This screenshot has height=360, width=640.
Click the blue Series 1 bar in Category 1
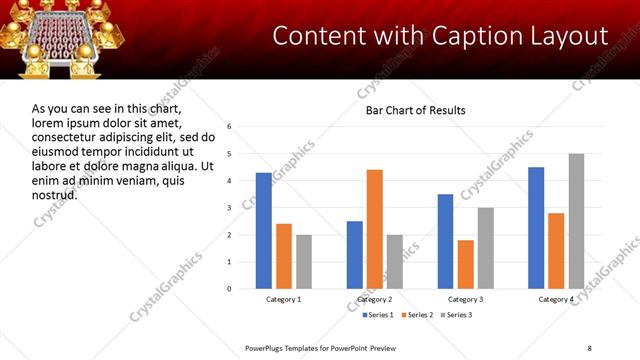coord(264,231)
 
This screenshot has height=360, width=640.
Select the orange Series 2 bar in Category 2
coord(375,229)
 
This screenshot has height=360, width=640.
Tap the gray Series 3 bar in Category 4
coord(576,221)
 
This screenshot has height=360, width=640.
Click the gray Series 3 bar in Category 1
coord(304,262)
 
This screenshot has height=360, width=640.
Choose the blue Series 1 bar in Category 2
coord(355,255)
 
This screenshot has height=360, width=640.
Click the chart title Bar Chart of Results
coord(415,110)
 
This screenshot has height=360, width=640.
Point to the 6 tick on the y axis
coord(230,127)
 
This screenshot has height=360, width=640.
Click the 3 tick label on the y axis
coord(230,208)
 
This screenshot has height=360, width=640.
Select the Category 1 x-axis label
coord(284,300)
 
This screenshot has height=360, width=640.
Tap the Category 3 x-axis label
coord(465,300)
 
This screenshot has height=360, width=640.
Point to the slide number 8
coord(589,348)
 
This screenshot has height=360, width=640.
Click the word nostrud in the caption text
coord(55,194)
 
